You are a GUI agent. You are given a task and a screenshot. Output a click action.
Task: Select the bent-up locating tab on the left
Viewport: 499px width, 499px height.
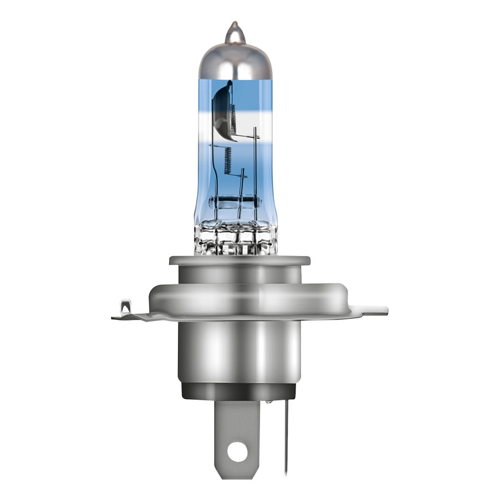(x=126, y=307)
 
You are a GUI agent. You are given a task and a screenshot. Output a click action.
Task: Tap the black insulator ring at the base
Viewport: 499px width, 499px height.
(x=239, y=391)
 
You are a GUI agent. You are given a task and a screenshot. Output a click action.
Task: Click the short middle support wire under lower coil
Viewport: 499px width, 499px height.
(x=242, y=189)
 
